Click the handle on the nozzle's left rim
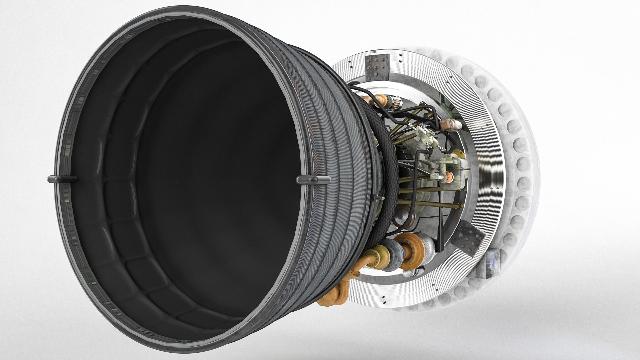(62, 179)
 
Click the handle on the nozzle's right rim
(313, 180)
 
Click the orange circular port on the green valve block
(450, 176)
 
